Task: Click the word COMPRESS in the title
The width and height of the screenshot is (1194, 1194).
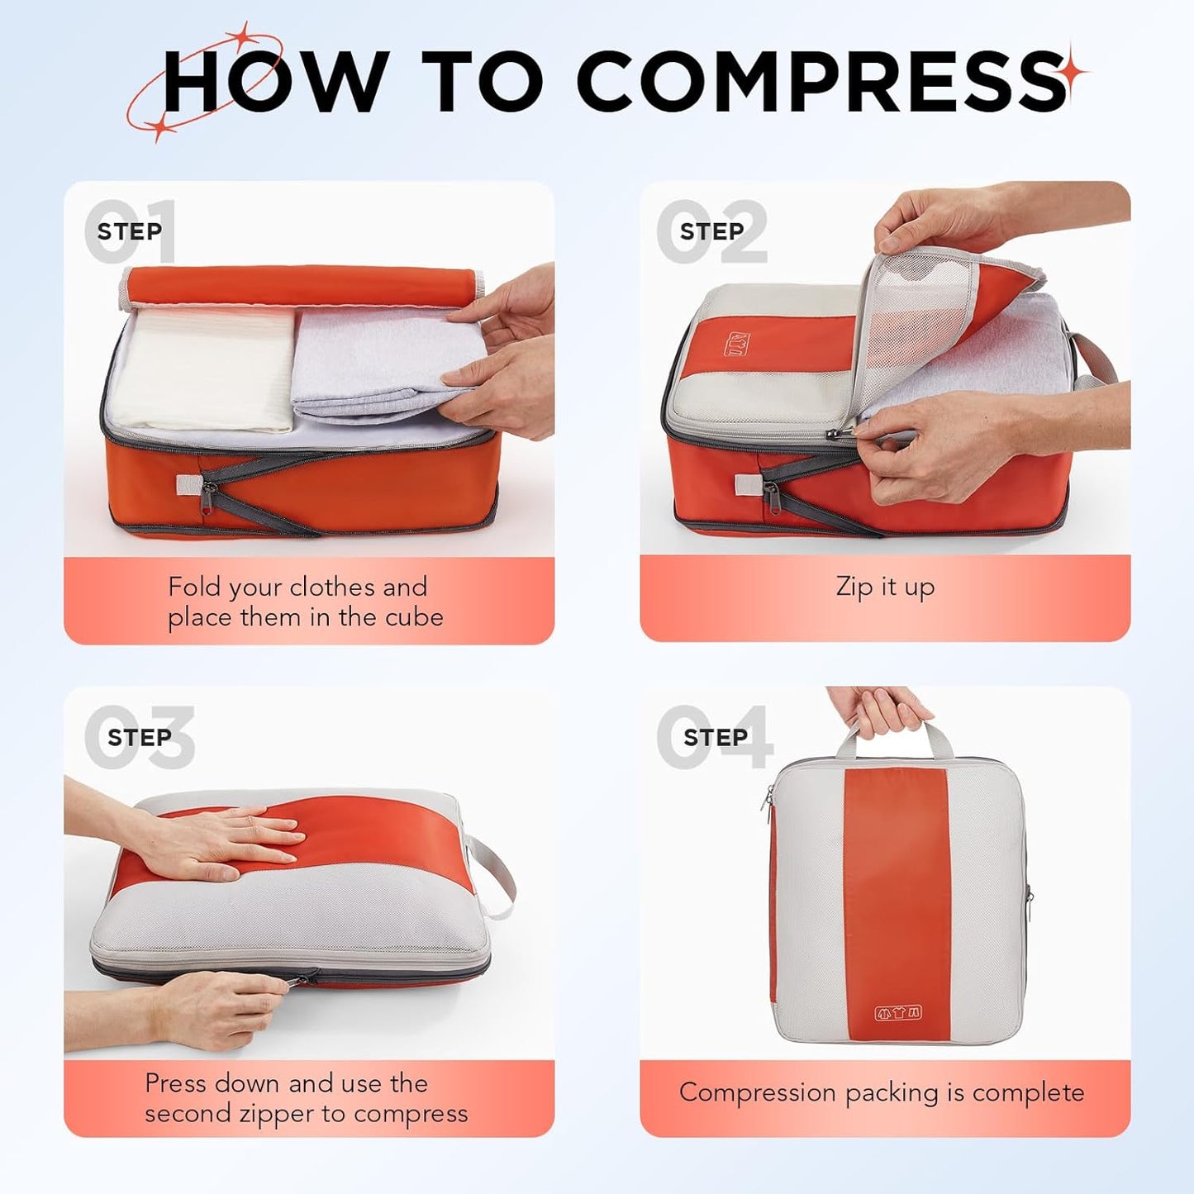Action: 822,80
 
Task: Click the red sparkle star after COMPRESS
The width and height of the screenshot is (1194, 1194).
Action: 1075,74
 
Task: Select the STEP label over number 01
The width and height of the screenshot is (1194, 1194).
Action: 129,231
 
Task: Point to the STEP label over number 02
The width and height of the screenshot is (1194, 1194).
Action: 711,231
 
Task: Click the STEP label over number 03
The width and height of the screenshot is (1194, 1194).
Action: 139,737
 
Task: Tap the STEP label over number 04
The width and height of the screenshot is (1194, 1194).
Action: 715,737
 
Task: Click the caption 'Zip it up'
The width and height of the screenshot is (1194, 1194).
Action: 885,587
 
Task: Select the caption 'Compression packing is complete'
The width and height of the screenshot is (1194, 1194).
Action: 882,1092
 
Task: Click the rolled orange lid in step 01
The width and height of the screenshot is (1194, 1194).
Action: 297,285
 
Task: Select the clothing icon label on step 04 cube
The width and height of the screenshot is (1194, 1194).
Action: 898,1013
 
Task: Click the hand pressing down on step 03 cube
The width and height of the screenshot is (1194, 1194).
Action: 223,843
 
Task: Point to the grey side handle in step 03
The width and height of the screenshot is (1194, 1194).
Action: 492,876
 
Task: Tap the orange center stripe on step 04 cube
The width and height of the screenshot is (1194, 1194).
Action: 897,892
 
